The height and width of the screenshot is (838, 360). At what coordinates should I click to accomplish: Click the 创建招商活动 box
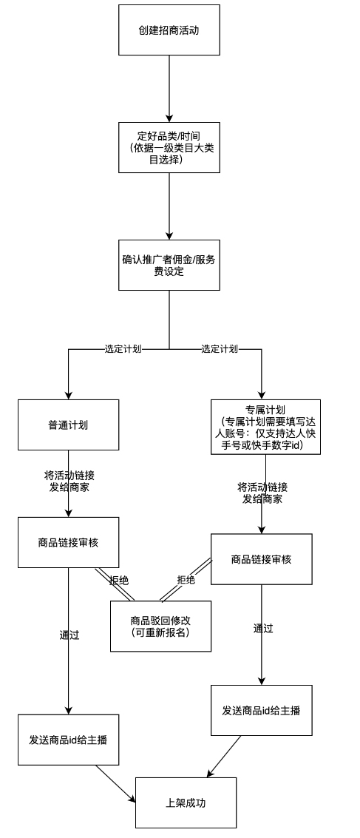click(169, 30)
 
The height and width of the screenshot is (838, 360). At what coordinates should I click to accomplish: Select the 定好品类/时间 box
click(169, 148)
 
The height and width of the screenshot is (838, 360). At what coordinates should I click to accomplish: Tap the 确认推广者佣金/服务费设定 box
click(169, 265)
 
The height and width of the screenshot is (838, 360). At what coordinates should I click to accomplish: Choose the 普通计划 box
click(68, 425)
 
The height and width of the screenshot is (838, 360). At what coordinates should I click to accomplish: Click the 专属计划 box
click(265, 427)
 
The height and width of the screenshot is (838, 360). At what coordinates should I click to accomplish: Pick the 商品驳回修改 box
click(160, 626)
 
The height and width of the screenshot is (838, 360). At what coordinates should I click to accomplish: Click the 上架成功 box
click(186, 802)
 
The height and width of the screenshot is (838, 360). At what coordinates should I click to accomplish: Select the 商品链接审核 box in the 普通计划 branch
click(68, 542)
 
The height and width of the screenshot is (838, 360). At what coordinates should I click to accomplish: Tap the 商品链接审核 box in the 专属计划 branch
click(261, 559)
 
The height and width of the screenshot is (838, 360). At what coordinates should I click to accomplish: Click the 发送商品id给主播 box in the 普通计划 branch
click(68, 740)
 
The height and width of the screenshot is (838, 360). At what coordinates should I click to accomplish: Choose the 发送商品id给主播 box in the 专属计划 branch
click(261, 710)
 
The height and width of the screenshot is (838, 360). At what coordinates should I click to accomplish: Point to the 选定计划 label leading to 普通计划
click(123, 349)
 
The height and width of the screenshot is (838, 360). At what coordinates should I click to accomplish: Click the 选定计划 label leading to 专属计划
click(220, 349)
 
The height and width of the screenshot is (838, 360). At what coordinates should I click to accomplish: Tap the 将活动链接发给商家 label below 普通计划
click(69, 481)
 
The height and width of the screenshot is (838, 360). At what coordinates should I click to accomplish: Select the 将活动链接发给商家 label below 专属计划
click(262, 493)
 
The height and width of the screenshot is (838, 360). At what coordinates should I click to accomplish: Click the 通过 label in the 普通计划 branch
click(69, 635)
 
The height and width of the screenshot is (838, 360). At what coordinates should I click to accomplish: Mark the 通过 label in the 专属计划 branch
click(263, 629)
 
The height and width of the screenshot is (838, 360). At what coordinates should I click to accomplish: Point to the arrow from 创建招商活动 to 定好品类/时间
click(169, 89)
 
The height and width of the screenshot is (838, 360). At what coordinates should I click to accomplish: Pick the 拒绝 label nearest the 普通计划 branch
click(119, 581)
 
